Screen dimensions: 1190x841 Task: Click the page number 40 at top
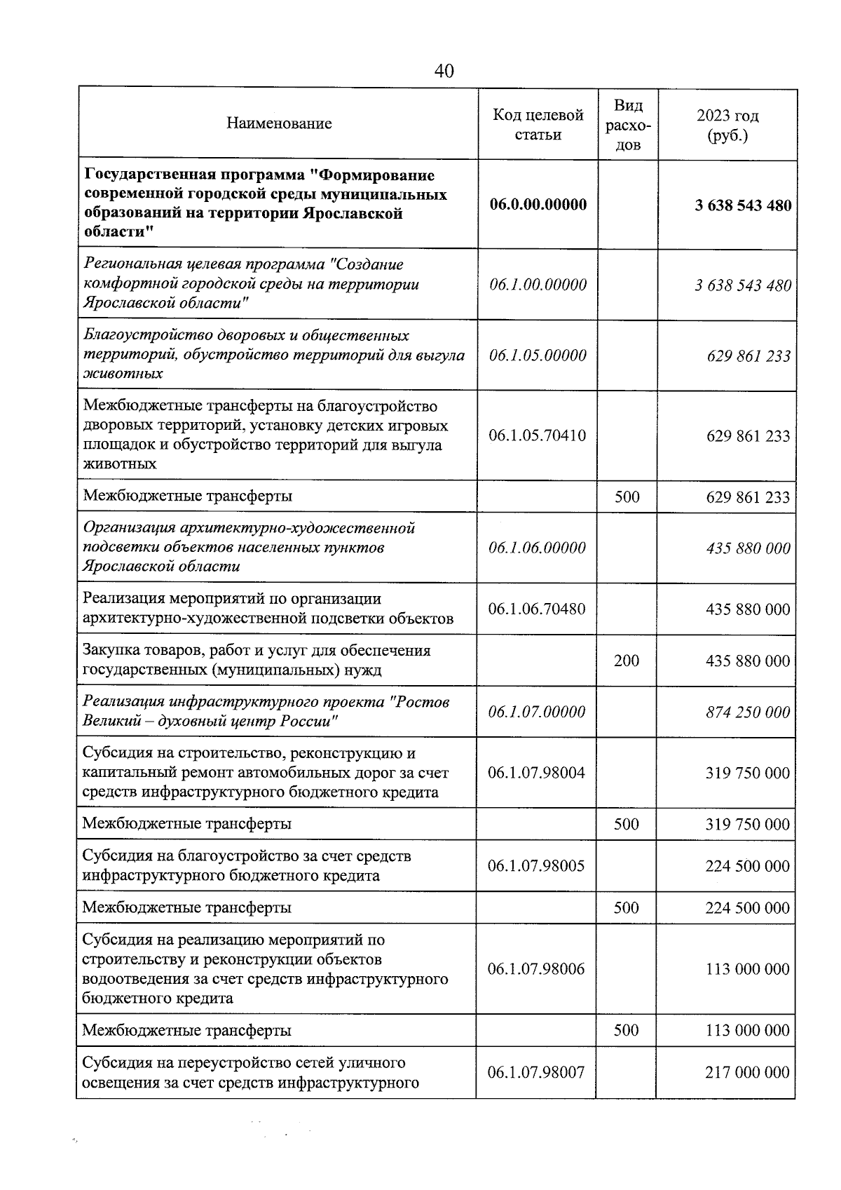point(444,71)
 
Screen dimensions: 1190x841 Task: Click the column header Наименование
point(279,124)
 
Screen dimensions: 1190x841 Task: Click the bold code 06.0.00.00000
point(538,205)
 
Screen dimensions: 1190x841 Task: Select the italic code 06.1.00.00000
point(538,285)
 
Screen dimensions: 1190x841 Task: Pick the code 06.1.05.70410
point(537,435)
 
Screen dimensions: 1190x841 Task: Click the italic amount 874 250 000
point(748,712)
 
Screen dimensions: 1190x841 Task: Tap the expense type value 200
point(627,661)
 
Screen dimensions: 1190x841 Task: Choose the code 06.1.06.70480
point(537,609)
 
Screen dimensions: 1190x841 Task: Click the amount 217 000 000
point(747,1072)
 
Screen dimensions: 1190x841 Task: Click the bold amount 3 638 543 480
point(743,205)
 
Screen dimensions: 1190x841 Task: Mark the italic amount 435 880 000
point(748,548)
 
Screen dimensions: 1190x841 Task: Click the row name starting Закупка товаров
point(257,660)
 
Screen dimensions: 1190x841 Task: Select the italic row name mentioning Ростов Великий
point(266,712)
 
